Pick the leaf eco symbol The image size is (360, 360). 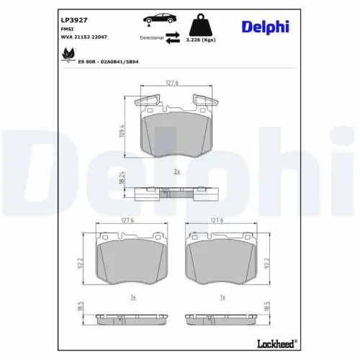(68, 53)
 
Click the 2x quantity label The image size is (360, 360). (176, 172)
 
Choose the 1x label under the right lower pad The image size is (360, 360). (223, 297)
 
